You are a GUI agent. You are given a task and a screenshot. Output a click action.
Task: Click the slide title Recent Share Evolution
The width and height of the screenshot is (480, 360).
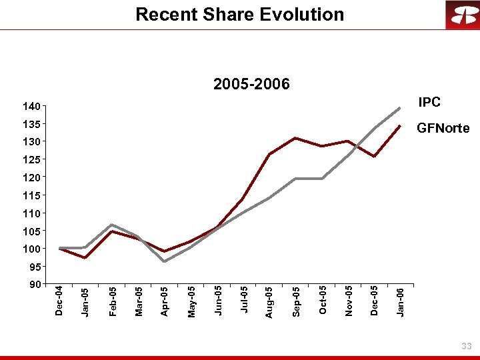(x=239, y=14)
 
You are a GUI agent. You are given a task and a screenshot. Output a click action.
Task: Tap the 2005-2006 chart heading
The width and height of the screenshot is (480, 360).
(x=251, y=84)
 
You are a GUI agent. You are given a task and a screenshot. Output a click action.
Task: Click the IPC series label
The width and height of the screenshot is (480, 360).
(x=429, y=102)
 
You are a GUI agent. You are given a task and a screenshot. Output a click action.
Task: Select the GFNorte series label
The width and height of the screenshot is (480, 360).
(x=443, y=128)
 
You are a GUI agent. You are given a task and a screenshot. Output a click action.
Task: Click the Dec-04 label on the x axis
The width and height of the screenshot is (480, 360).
(x=59, y=301)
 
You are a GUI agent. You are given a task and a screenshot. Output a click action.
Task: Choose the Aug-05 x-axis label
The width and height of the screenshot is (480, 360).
(x=269, y=301)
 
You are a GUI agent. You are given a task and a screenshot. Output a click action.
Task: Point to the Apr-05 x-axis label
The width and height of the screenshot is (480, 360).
(x=165, y=301)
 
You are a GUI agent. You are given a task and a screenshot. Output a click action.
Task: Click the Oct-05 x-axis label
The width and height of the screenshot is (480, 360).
(x=322, y=301)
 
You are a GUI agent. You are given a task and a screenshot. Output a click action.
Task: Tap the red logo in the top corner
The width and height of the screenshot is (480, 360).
(x=462, y=15)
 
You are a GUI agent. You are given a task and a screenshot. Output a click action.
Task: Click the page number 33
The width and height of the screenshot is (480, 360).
(x=466, y=346)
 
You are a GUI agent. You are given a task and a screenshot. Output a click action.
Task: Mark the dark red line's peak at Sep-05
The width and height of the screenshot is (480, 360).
(x=295, y=138)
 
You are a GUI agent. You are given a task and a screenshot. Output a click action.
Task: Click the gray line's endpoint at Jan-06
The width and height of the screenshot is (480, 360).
(x=399, y=108)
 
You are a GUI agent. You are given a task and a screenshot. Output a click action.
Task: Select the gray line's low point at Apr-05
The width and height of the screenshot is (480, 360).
(x=164, y=261)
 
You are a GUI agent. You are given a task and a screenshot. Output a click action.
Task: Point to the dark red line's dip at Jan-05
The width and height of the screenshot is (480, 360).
(x=85, y=257)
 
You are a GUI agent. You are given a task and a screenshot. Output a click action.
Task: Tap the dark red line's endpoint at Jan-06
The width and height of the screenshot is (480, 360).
(x=399, y=125)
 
